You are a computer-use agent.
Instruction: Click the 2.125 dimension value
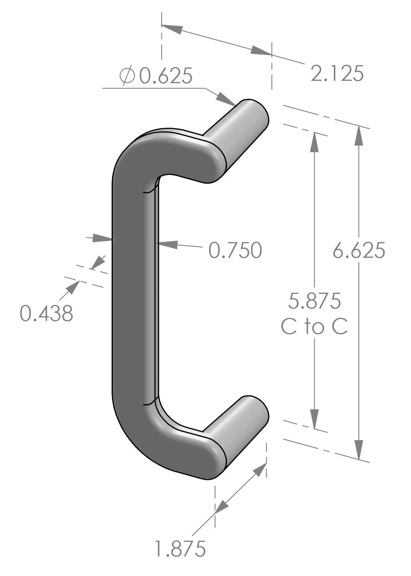(x=337, y=73)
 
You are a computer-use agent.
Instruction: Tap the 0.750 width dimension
(x=235, y=250)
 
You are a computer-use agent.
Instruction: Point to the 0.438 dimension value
(x=47, y=314)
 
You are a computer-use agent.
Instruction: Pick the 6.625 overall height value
(x=359, y=250)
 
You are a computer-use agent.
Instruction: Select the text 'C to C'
(x=314, y=327)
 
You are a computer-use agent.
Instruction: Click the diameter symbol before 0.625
(x=128, y=76)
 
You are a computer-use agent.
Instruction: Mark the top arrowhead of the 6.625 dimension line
(x=358, y=136)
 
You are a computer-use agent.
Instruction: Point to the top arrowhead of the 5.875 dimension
(x=314, y=143)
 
